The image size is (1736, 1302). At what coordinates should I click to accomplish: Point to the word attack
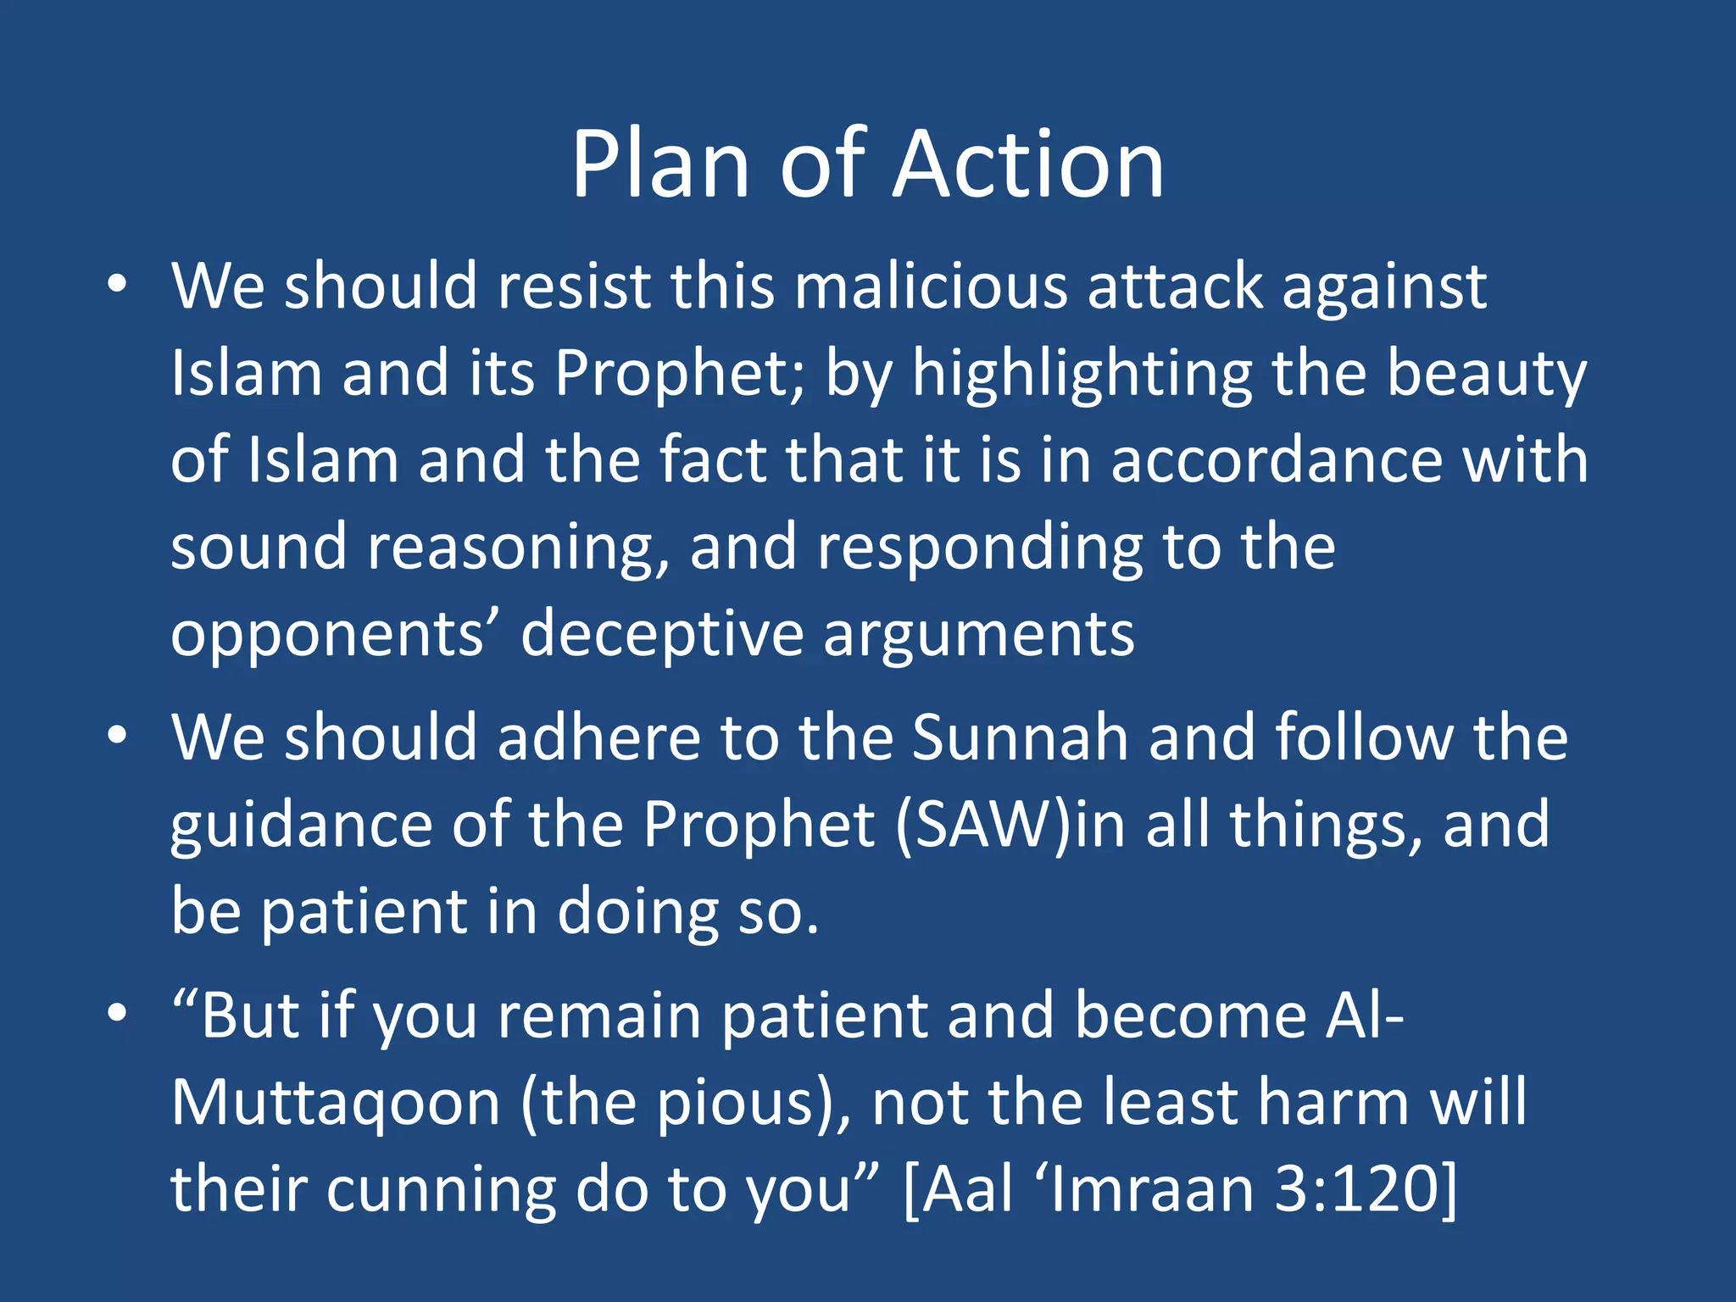[x=1175, y=286]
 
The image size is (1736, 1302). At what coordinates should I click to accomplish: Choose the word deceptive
[x=661, y=635]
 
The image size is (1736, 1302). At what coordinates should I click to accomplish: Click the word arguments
[x=978, y=635]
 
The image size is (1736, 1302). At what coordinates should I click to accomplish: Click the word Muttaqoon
[x=336, y=1103]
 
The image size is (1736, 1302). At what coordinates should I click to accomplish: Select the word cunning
[x=441, y=1191]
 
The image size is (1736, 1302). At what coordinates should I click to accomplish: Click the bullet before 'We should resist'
[x=118, y=284]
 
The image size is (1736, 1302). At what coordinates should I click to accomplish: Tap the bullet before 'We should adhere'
[x=118, y=736]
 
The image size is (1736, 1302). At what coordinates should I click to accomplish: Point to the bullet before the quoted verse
[x=118, y=1013]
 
